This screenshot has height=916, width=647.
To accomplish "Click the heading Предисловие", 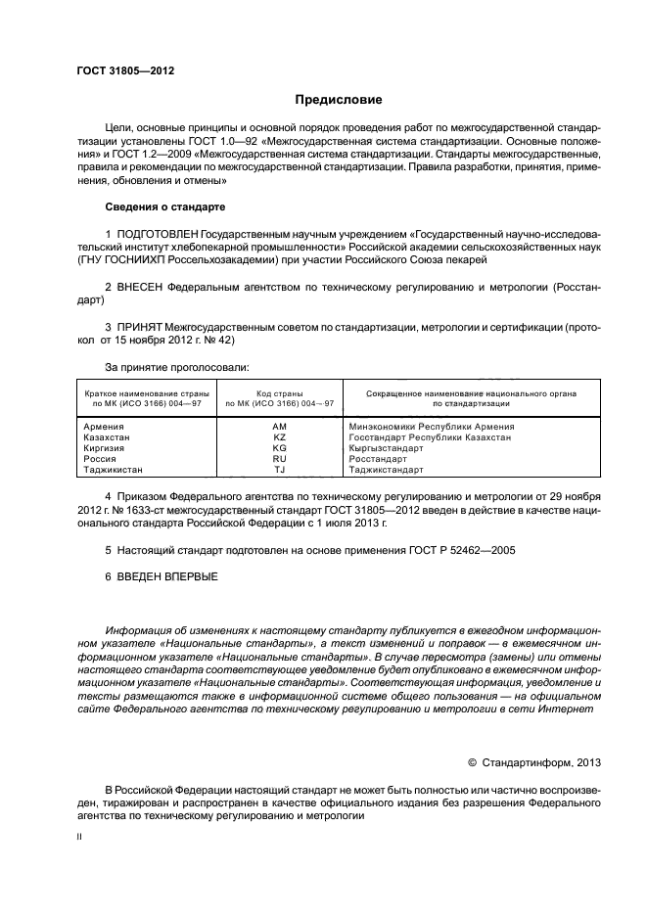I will coord(339,99).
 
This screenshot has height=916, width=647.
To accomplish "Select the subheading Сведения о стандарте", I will coord(164,207).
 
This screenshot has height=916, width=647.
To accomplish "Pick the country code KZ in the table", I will coord(279,437).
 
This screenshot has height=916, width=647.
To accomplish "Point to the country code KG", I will coord(279,448).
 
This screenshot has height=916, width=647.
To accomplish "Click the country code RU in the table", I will coord(279,459).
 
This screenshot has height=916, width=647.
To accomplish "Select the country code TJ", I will coord(279,470).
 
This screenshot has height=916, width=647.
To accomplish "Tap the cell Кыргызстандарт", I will coord(387,448).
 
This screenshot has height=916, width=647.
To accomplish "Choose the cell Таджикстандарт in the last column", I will coord(387,470).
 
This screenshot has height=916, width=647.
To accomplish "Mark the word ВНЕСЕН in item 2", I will coord(141,288).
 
